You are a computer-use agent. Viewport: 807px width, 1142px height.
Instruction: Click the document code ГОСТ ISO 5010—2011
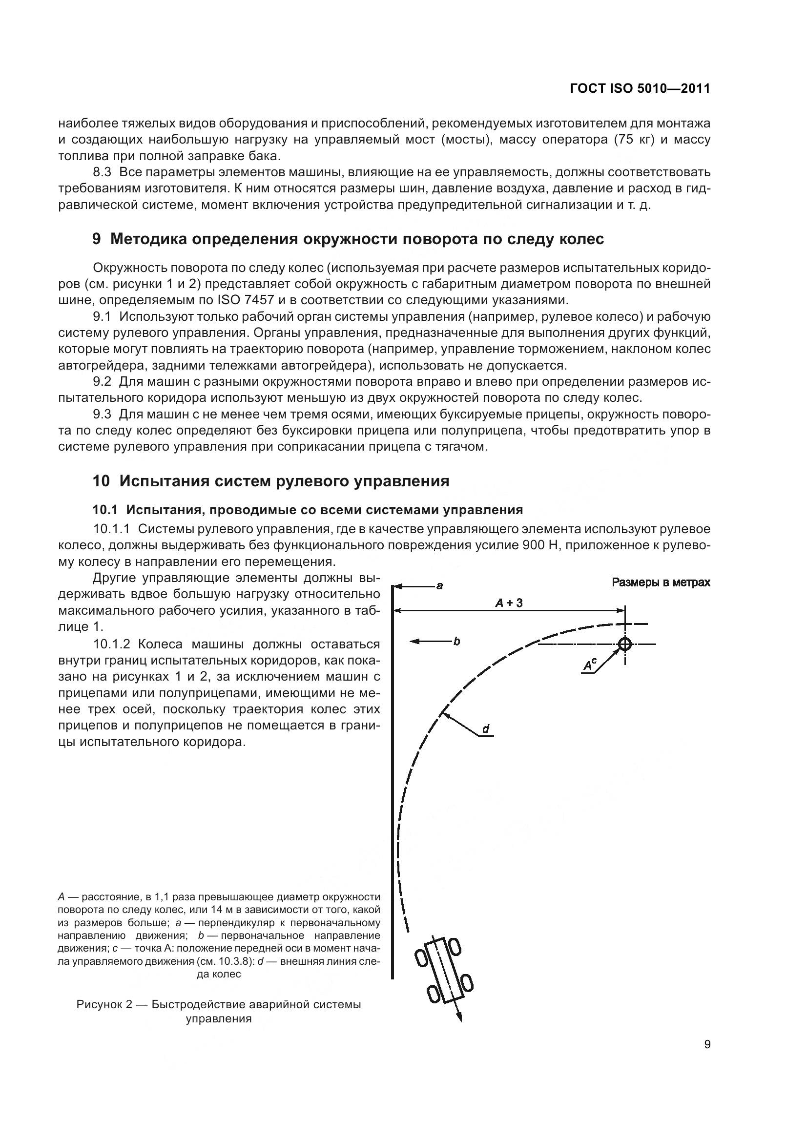tap(640, 88)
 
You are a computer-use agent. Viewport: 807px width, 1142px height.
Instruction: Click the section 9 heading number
tap(97, 239)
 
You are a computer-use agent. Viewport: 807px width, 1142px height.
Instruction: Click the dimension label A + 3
tap(509, 603)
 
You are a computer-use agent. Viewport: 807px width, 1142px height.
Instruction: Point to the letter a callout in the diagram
tap(439, 586)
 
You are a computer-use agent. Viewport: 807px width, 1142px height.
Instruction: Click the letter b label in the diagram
tap(456, 642)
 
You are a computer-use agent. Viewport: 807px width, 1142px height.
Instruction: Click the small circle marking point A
tap(625, 644)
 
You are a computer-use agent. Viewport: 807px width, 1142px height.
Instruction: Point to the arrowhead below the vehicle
tap(459, 1017)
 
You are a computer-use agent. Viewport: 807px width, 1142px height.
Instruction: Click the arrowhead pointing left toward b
tap(414, 642)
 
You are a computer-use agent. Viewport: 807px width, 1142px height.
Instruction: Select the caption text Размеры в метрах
tap(661, 582)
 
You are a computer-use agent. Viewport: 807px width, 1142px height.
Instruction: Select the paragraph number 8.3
tap(104, 172)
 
